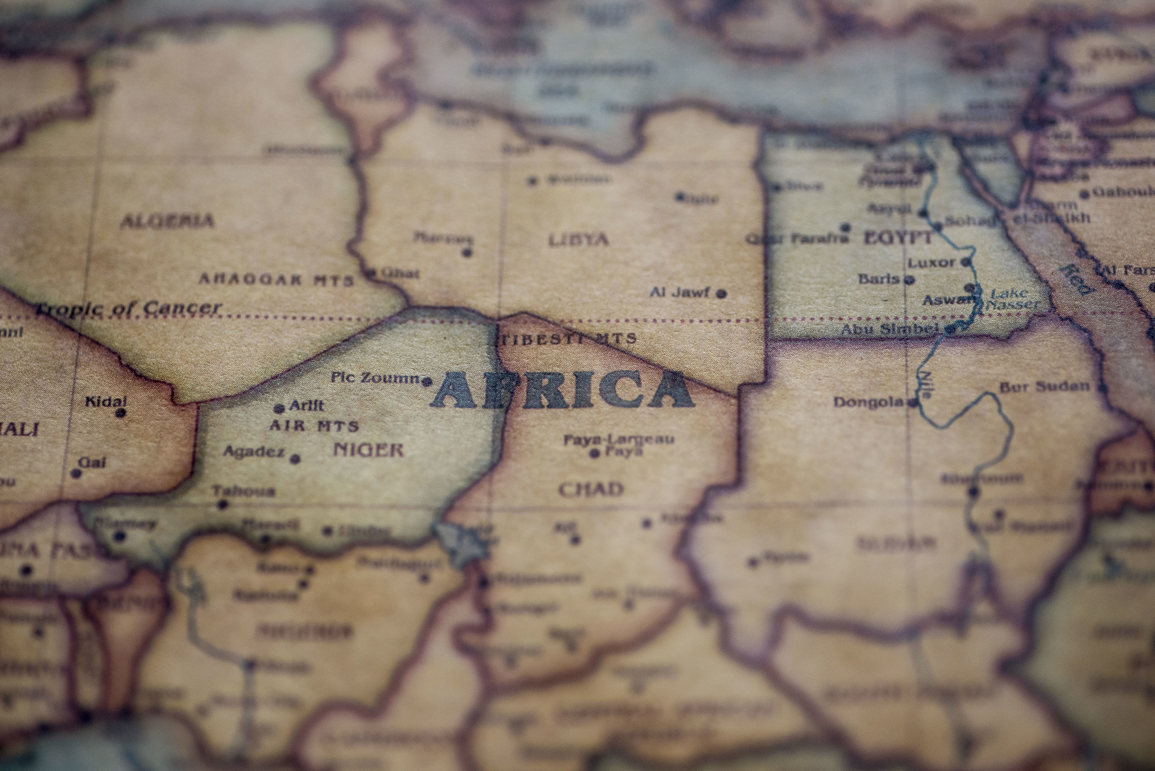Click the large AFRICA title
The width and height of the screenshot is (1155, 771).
562,390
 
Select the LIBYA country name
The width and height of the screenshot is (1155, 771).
578,240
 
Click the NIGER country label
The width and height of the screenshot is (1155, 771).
368,449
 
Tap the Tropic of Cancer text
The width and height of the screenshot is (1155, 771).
129,308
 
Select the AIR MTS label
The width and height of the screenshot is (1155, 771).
314,425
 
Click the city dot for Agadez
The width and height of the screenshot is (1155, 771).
295,459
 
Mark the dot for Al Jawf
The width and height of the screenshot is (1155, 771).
721,294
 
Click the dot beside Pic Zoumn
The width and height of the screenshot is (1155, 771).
427,381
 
